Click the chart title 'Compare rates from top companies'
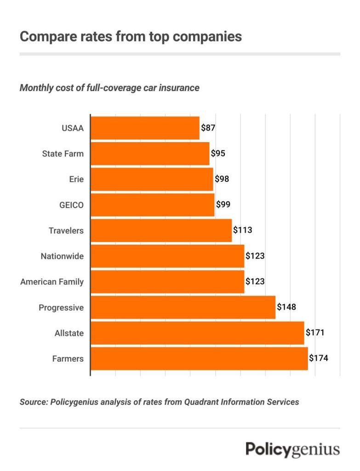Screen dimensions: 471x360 click(x=131, y=36)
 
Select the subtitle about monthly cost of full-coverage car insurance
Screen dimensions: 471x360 click(x=109, y=87)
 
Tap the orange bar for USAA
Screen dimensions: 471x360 click(x=145, y=128)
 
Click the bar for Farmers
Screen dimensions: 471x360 click(x=199, y=359)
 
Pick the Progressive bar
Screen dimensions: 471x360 click(x=183, y=307)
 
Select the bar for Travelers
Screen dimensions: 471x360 click(x=161, y=230)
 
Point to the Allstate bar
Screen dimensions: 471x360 click(x=197, y=333)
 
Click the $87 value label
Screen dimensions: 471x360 click(x=208, y=128)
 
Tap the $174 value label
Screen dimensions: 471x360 click(x=318, y=358)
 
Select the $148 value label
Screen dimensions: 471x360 click(x=286, y=307)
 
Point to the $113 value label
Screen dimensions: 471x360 click(x=242, y=230)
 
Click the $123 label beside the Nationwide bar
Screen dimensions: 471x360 click(x=255, y=256)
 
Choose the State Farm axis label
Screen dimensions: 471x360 click(x=63, y=154)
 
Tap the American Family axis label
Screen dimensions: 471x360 click(x=52, y=281)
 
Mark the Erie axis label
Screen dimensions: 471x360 click(x=76, y=179)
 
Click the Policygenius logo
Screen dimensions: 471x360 click(x=292, y=449)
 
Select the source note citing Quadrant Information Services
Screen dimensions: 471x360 click(x=159, y=402)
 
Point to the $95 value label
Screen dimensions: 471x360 click(x=218, y=154)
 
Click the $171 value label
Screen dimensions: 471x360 click(x=315, y=333)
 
